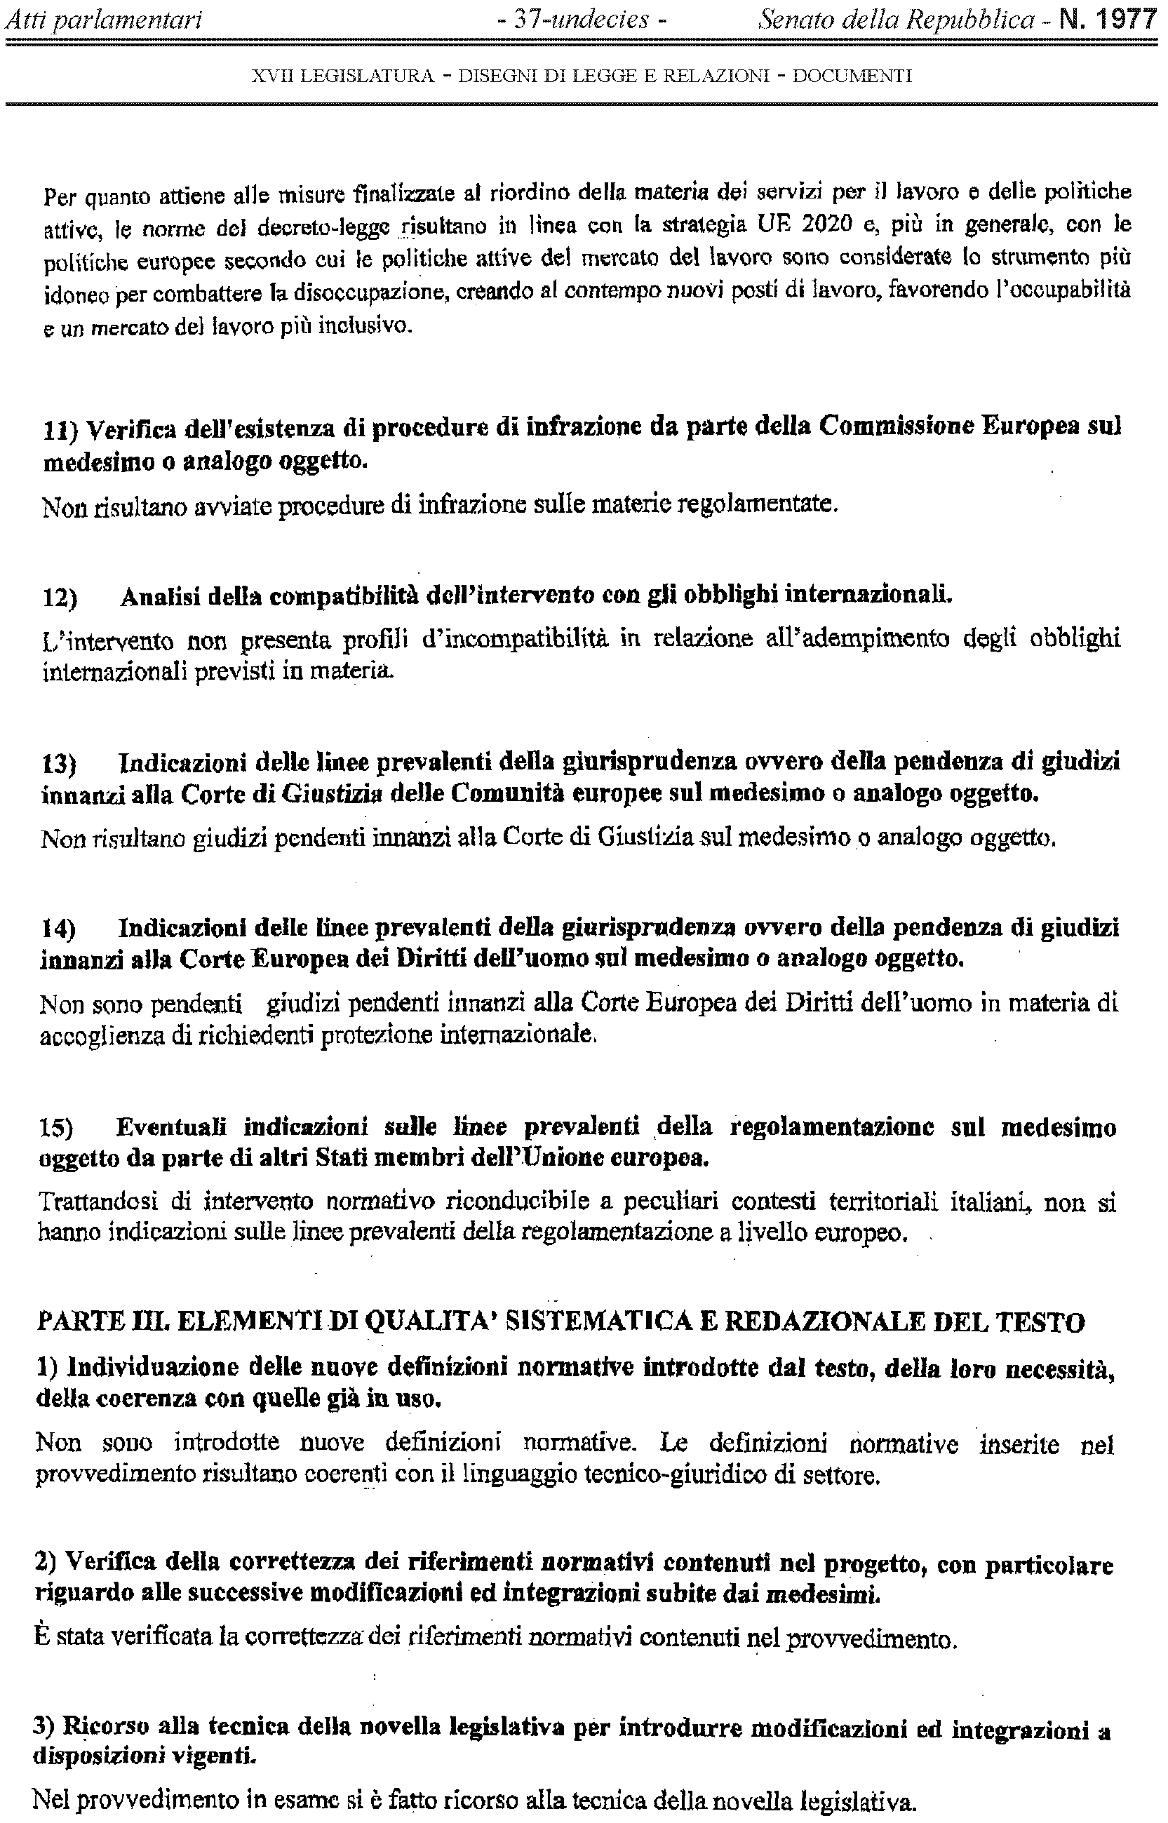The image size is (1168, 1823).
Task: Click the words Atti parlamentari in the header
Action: coord(104,20)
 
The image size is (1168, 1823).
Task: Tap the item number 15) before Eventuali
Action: coord(57,1129)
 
